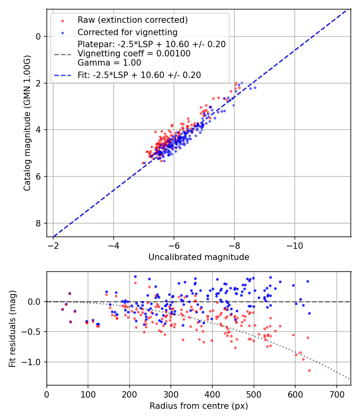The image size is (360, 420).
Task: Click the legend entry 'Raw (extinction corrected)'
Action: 132,20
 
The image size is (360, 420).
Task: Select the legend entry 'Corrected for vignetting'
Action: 127,32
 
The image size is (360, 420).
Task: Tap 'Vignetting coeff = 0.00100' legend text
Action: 134,54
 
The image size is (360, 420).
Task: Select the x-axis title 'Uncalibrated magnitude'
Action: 199,257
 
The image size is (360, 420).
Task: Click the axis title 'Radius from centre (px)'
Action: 199,406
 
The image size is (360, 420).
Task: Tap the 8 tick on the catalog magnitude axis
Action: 38,223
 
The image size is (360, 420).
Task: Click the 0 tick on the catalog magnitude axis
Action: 38,36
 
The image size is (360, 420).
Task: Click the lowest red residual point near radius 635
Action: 309,370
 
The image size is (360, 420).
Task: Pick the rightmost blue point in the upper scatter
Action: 255,88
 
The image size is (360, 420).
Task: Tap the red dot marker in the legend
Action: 62,20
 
